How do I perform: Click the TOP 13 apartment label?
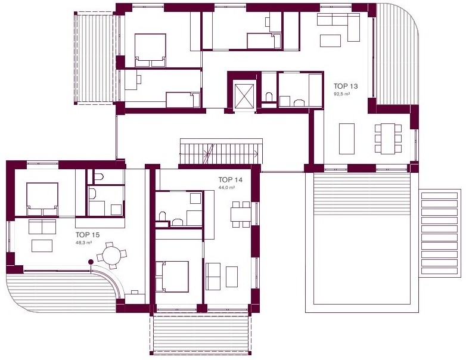(346, 86)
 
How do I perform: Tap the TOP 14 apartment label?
(231, 179)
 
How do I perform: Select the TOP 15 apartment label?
(88, 235)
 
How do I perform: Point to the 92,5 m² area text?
(341, 94)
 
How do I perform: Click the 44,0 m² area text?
(227, 188)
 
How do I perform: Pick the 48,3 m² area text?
(83, 243)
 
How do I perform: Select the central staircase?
(221, 151)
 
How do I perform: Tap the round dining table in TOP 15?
(111, 255)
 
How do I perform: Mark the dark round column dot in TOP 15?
(91, 262)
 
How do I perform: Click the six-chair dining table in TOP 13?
(388, 138)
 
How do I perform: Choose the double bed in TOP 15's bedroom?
(42, 199)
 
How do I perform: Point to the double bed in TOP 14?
(172, 277)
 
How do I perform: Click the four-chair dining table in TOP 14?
(241, 215)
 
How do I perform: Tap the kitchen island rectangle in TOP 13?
(347, 138)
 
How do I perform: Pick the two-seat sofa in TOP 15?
(42, 227)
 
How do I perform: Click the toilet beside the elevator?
(269, 97)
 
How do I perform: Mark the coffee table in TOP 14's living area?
(232, 277)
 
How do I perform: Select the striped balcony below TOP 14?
(201, 334)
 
